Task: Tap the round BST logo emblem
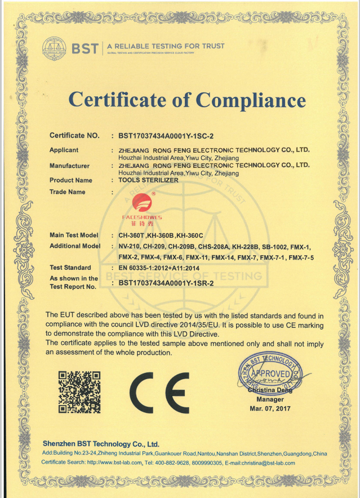click(54, 47)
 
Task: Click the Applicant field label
click(64, 150)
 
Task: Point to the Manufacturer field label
click(69, 166)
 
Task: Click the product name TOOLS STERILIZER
click(148, 180)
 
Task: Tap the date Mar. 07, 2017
click(270, 408)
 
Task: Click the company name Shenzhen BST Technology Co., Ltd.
click(101, 443)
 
